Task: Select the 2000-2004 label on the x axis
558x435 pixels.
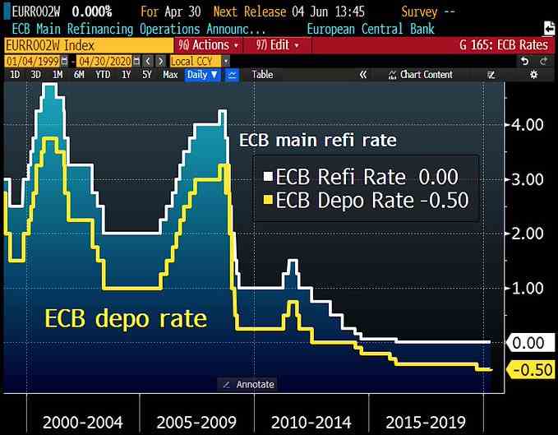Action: coord(82,423)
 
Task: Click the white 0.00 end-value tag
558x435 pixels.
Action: coord(528,342)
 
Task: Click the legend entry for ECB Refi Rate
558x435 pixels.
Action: coord(360,177)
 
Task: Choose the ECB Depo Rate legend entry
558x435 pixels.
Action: coord(365,200)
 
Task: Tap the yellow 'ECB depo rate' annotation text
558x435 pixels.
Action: coord(126,317)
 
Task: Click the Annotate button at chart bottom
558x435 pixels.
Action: coord(248,384)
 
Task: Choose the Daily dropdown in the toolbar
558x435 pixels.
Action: coord(202,75)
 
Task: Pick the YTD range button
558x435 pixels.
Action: coord(103,75)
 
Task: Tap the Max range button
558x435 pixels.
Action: coord(170,75)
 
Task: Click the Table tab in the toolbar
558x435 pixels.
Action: coord(262,75)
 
